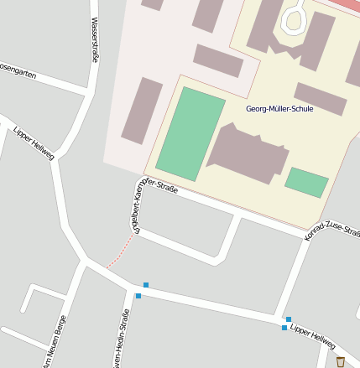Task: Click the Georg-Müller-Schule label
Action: [279, 109]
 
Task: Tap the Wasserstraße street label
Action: [94, 40]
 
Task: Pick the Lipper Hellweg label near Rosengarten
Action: [34, 143]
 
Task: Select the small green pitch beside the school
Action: [306, 182]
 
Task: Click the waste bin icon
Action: [340, 362]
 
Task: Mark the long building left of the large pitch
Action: [142, 111]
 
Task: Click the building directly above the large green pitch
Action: [218, 60]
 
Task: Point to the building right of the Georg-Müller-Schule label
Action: [320, 99]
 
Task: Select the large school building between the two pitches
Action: [248, 152]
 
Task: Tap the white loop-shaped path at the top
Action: [296, 18]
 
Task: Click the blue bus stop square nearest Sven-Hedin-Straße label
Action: [138, 295]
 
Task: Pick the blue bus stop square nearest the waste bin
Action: [284, 327]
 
